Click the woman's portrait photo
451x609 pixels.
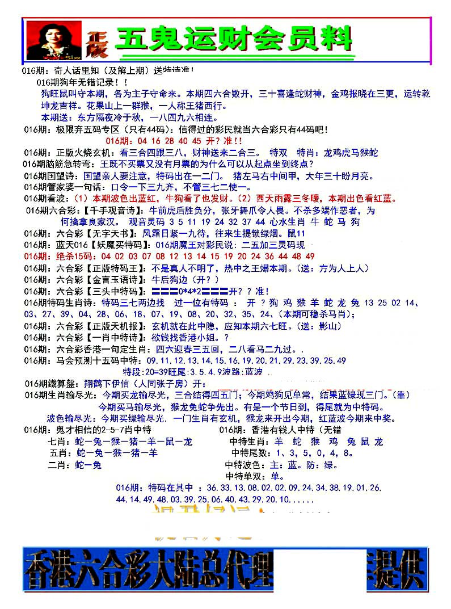pos(53,40)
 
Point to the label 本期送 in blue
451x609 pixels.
pos(56,117)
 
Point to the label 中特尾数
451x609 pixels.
pos(250,453)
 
